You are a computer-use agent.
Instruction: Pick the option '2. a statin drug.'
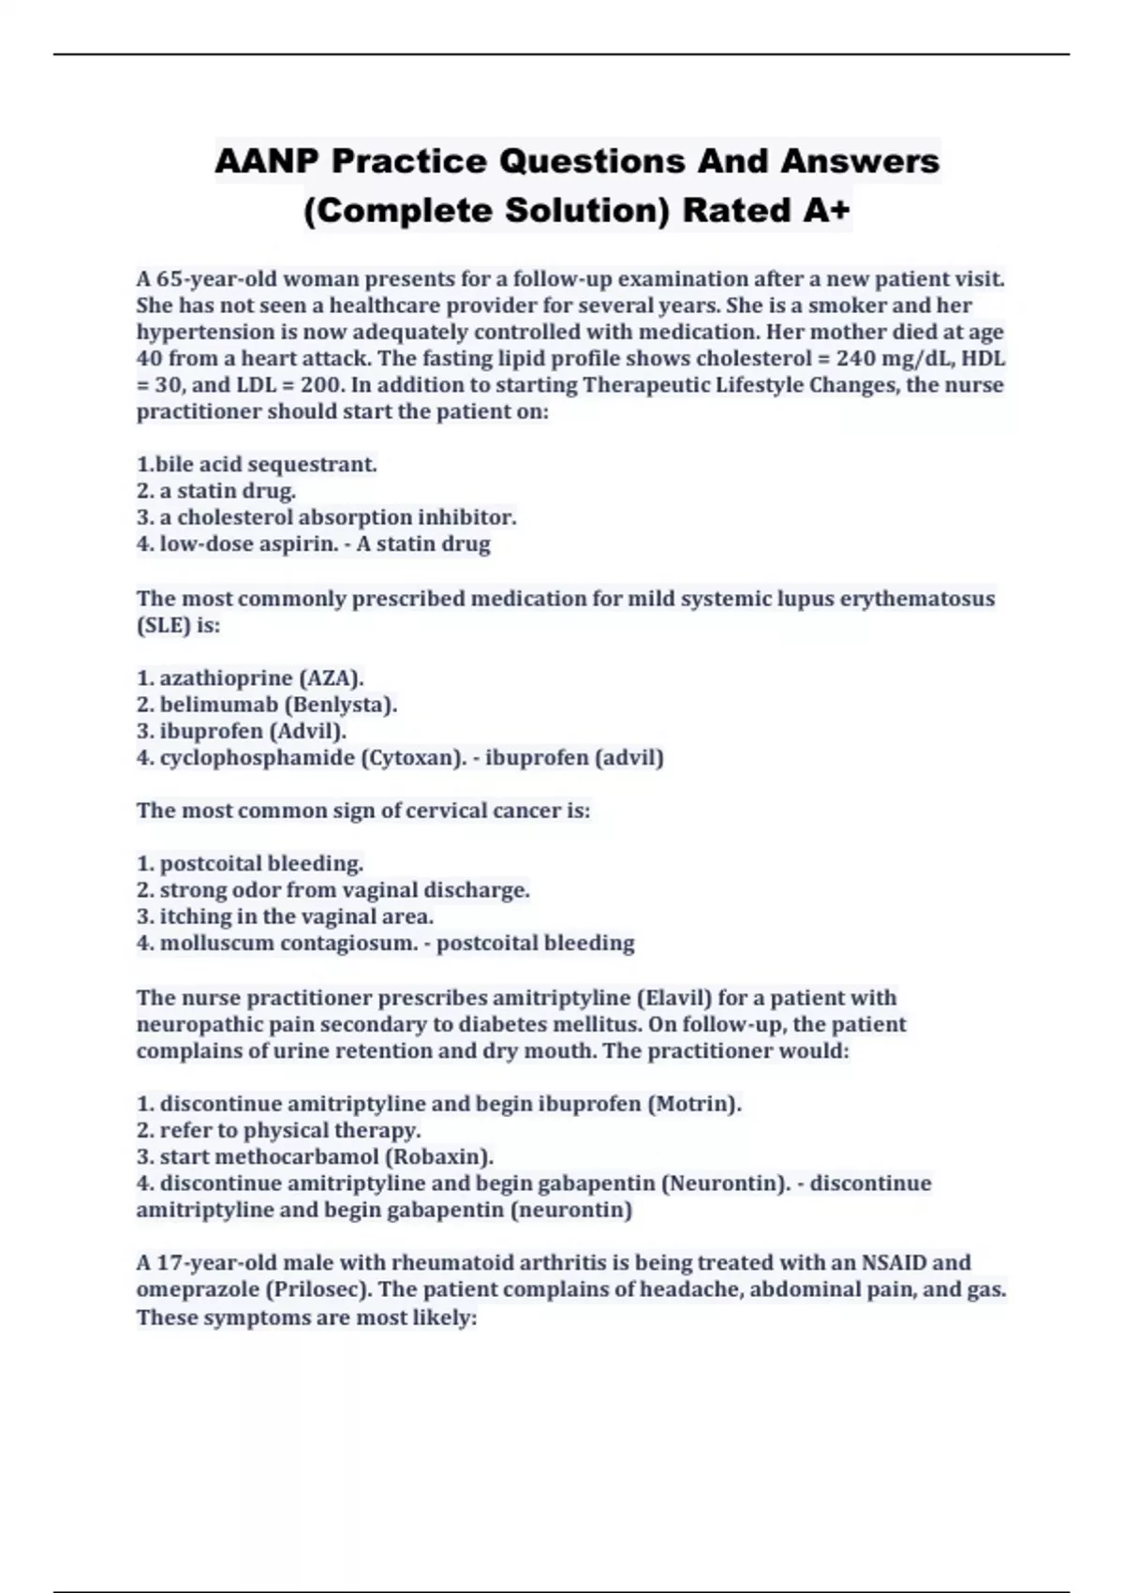(x=216, y=490)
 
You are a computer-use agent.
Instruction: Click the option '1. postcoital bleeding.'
(x=250, y=863)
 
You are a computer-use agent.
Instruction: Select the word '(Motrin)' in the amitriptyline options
(x=694, y=1103)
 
